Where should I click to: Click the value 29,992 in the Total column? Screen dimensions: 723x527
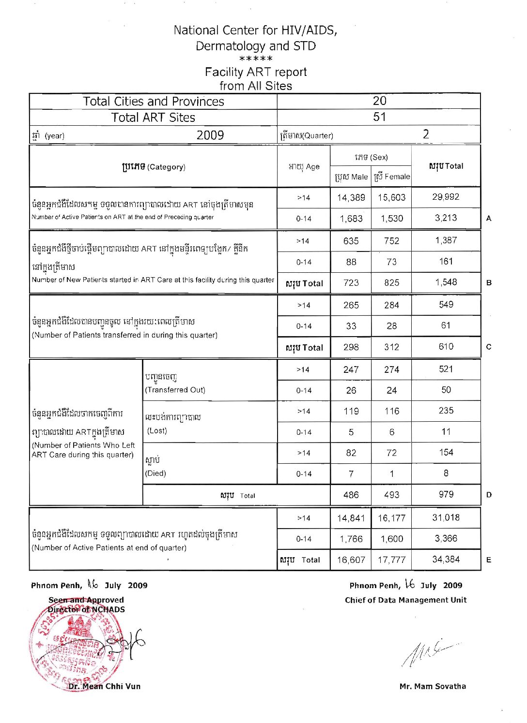coord(446,197)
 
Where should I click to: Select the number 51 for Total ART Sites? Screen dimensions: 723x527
coord(379,117)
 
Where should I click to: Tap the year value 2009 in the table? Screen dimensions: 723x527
coord(210,135)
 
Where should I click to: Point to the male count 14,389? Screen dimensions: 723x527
coord(351,197)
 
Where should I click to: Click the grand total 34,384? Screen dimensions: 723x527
coord(446,559)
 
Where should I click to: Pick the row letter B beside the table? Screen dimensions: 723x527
coord(489,282)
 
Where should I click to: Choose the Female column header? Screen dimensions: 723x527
coord(391,177)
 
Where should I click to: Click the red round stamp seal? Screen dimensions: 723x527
coord(75,648)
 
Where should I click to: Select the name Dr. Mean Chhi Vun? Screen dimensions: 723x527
coord(104,686)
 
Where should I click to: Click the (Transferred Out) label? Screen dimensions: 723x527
coord(175,390)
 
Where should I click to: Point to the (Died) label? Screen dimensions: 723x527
coord(155,473)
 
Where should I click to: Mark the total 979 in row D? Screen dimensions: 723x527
coord(446,494)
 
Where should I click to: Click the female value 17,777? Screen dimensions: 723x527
coord(391,560)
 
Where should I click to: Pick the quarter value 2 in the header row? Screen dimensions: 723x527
coord(425,134)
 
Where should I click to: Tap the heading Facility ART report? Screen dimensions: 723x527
coord(255,72)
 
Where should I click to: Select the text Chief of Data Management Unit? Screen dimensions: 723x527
coord(405,600)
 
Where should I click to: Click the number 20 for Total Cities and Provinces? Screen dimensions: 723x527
coord(379,101)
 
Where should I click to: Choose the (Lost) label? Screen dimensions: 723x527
coord(157,430)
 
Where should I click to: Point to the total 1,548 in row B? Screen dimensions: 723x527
coord(446,282)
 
